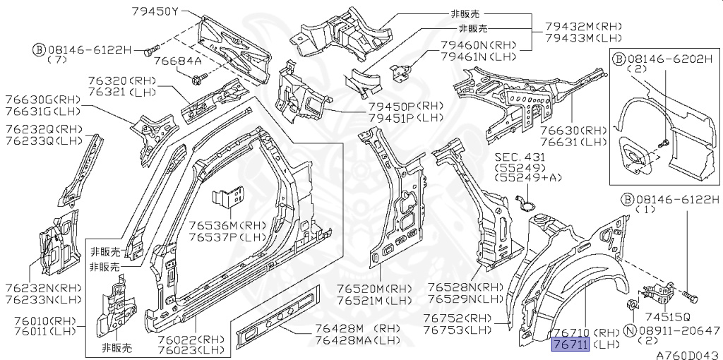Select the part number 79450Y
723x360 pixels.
155,11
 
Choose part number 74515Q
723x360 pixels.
667,317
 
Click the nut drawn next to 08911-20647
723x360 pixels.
632,305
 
